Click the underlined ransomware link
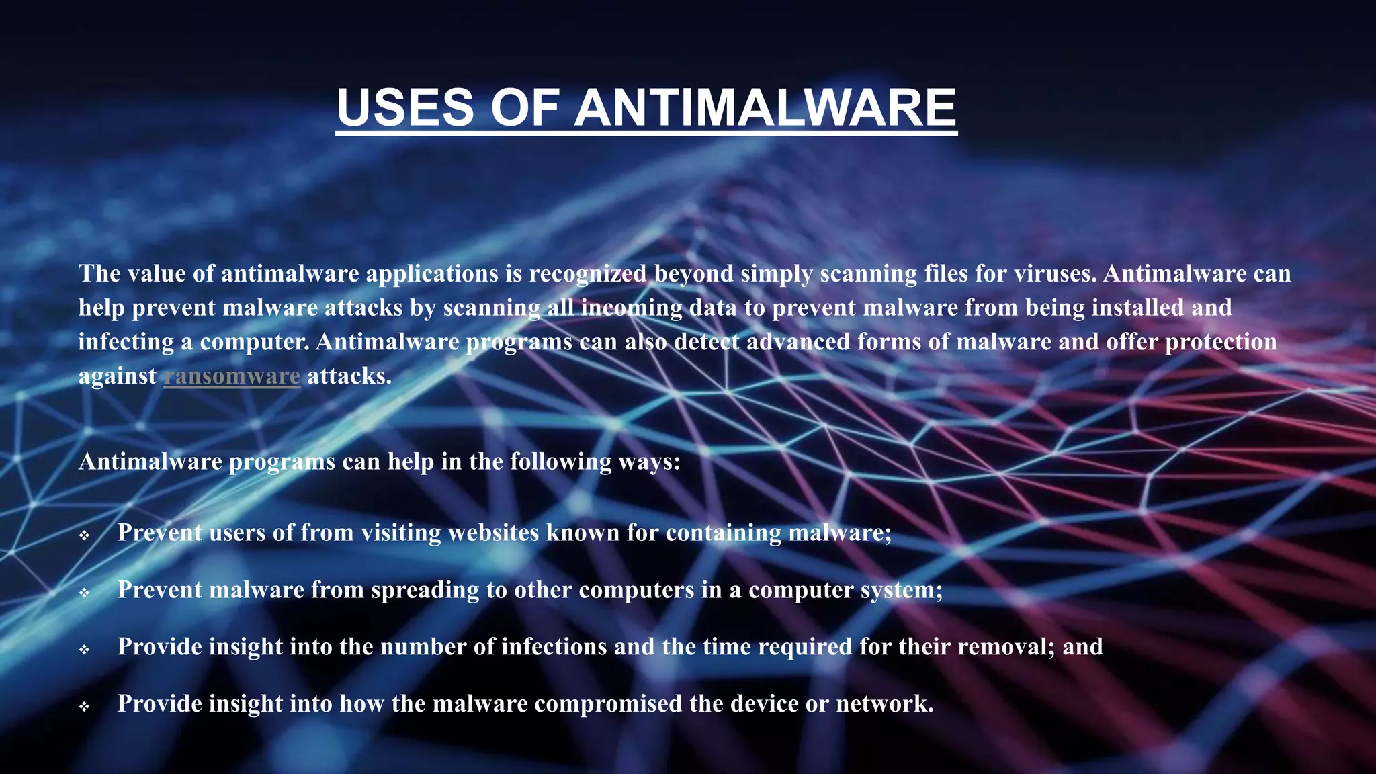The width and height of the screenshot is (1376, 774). (232, 376)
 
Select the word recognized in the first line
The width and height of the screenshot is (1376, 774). (587, 273)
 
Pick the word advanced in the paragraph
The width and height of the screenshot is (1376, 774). (798, 341)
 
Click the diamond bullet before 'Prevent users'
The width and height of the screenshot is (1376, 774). (84, 535)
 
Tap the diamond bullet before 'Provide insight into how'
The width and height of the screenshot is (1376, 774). (84, 707)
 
